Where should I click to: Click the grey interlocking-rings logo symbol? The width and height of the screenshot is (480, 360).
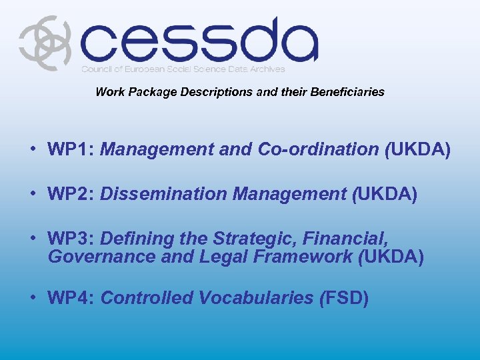click(44, 43)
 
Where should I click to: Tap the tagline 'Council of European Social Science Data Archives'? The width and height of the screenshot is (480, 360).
click(183, 69)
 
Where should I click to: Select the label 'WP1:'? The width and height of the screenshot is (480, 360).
click(71, 149)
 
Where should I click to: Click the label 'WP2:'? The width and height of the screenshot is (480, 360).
click(71, 194)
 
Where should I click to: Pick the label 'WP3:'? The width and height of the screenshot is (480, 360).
click(71, 238)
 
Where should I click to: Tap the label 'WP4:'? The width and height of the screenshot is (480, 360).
click(71, 297)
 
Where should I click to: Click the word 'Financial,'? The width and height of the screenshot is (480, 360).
click(351, 238)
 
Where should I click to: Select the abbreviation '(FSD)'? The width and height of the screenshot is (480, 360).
click(344, 297)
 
